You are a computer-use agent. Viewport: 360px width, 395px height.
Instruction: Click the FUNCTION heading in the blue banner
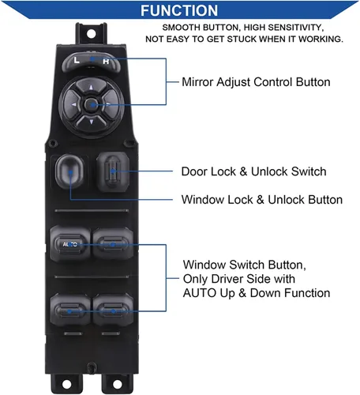179,10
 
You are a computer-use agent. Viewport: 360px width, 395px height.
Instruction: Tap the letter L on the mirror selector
77,60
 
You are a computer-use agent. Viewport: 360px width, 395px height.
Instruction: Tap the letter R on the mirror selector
106,62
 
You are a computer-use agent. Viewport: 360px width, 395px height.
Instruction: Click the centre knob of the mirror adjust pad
91,105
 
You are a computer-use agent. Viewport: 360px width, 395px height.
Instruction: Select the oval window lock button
69,171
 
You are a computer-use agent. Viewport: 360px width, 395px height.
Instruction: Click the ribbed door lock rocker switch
113,171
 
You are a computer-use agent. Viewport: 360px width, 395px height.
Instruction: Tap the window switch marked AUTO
70,244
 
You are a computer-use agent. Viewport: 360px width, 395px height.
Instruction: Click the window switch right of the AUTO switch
113,244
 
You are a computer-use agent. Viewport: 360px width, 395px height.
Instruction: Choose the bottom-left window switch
70,310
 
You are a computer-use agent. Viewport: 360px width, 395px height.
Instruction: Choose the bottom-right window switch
113,310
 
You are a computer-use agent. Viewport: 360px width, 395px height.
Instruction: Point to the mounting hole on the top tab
91,34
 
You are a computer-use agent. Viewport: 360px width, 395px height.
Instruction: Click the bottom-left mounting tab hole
66,384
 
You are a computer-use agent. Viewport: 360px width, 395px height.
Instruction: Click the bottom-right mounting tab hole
117,384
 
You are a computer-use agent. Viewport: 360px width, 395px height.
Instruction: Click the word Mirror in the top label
197,82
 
